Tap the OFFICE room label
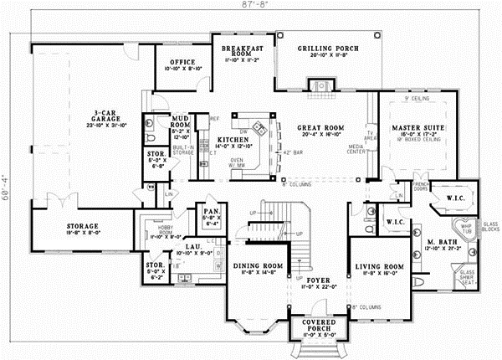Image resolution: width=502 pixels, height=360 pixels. (182, 63)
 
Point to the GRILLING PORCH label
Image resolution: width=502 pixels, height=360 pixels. (329, 49)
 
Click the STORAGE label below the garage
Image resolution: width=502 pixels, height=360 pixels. (83, 226)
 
